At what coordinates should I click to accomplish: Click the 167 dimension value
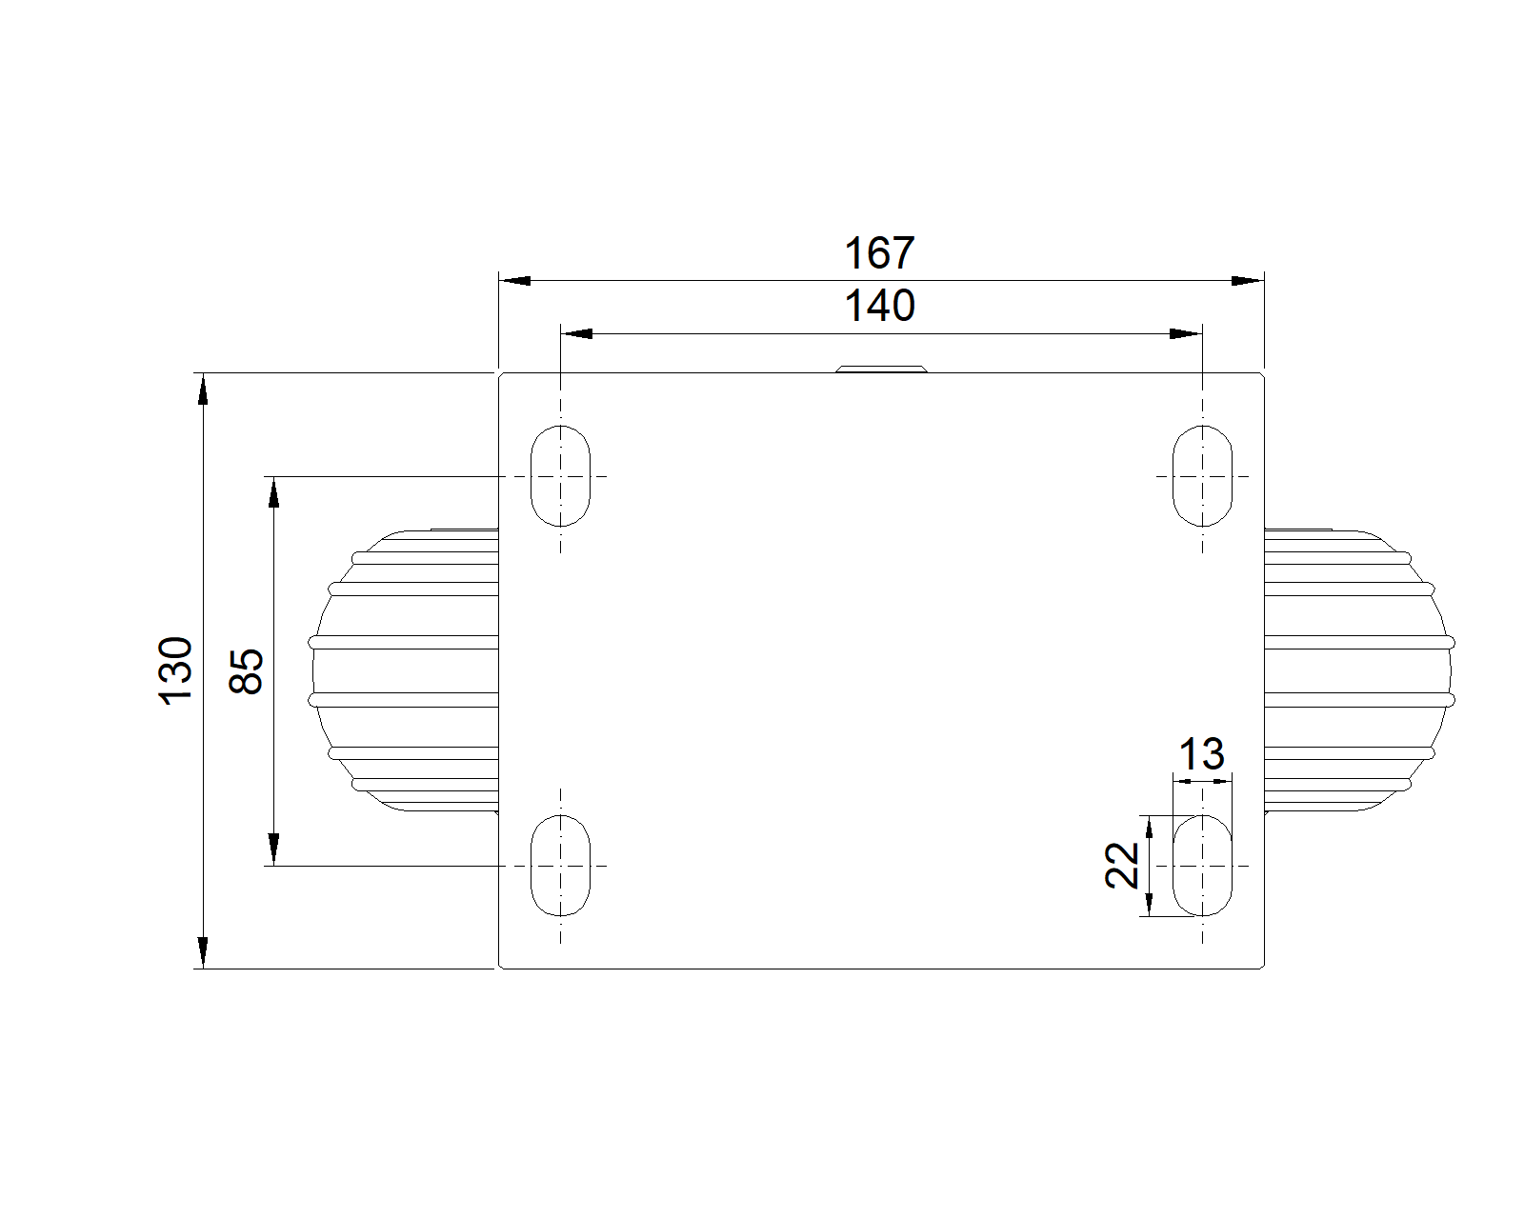[x=879, y=253]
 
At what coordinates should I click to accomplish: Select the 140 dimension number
[x=879, y=306]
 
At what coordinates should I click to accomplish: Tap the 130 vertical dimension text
[x=175, y=670]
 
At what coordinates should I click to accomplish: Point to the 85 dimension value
[x=247, y=670]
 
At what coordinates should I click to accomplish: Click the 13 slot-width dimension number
[x=1201, y=754]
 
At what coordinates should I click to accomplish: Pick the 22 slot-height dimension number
[x=1122, y=865]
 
